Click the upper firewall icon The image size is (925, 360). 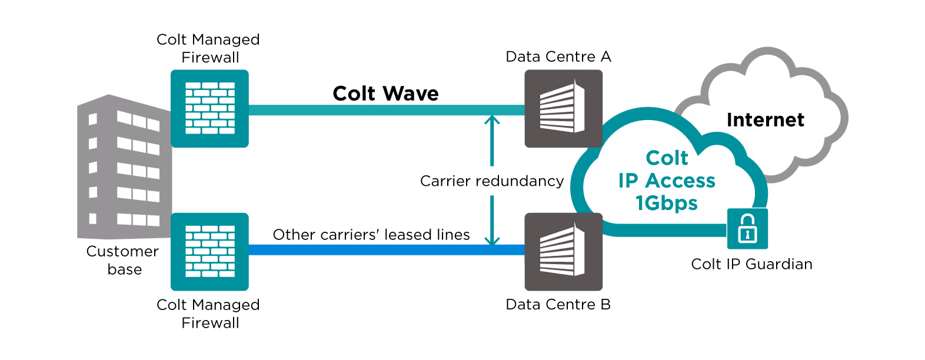[x=209, y=108]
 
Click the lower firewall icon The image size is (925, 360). [x=209, y=251]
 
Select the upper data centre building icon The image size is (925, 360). [x=563, y=108]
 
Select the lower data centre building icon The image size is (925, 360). [x=563, y=251]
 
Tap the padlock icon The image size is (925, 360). [x=747, y=229]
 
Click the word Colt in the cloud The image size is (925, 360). [x=667, y=158]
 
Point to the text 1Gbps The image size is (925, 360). [x=667, y=203]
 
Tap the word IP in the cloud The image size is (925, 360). [x=628, y=181]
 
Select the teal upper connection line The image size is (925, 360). [x=382, y=110]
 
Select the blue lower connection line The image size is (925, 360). [x=382, y=250]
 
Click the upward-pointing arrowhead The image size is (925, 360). [x=492, y=121]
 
